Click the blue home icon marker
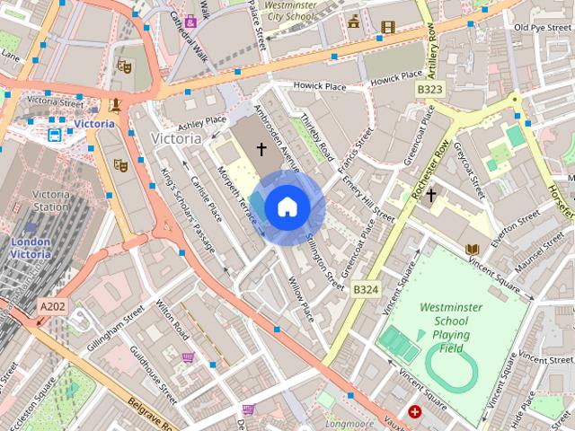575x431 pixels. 287,207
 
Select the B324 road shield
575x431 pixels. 365,290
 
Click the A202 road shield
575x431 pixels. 52,307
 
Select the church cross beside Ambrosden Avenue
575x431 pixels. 261,148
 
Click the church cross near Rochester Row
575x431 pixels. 430,195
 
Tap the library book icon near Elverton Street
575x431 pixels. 472,249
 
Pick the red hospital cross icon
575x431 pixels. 414,412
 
